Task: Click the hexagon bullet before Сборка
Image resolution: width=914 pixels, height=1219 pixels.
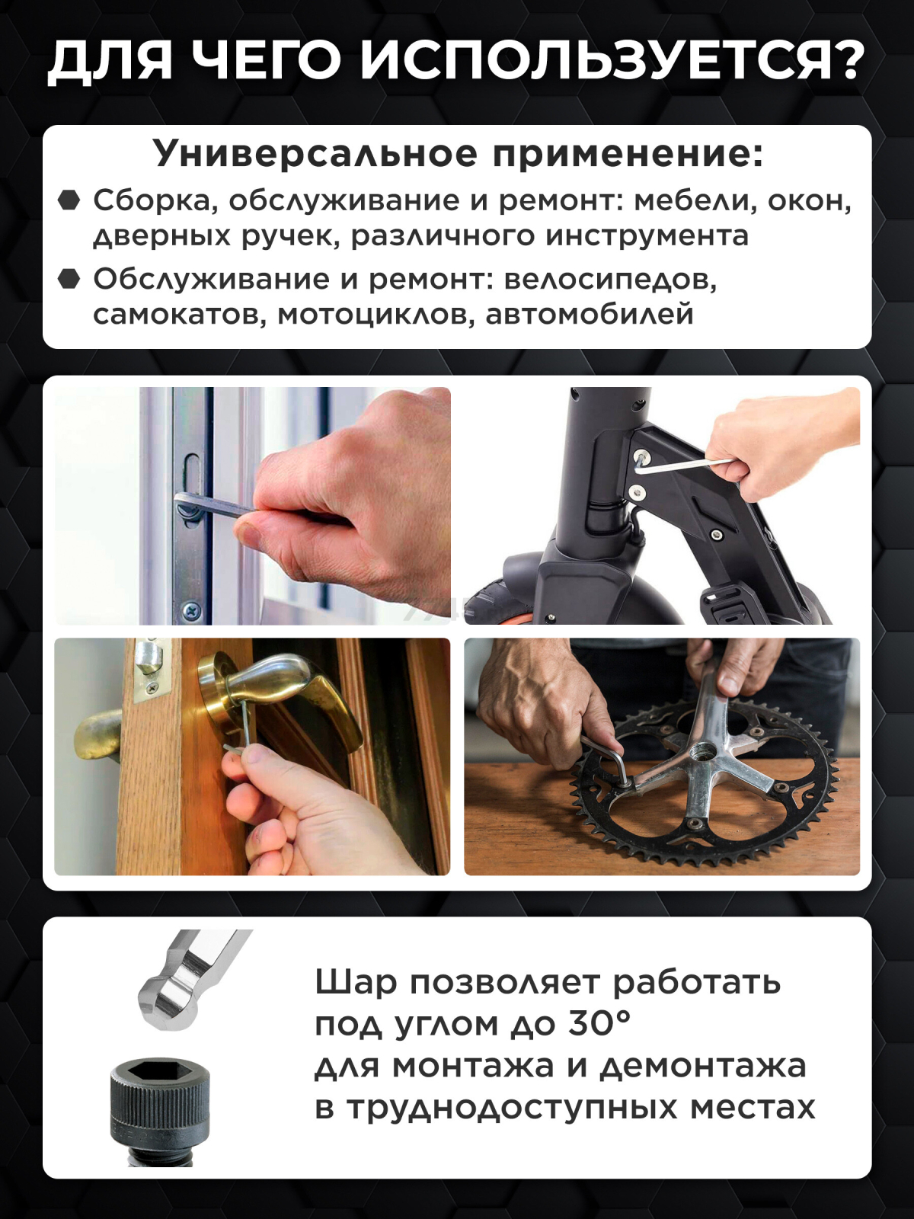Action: click(69, 200)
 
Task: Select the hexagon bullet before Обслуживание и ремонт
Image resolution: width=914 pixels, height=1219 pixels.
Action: click(69, 279)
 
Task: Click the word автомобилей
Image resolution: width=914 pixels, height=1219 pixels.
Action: click(590, 314)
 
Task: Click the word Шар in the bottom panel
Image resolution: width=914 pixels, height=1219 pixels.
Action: click(356, 982)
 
